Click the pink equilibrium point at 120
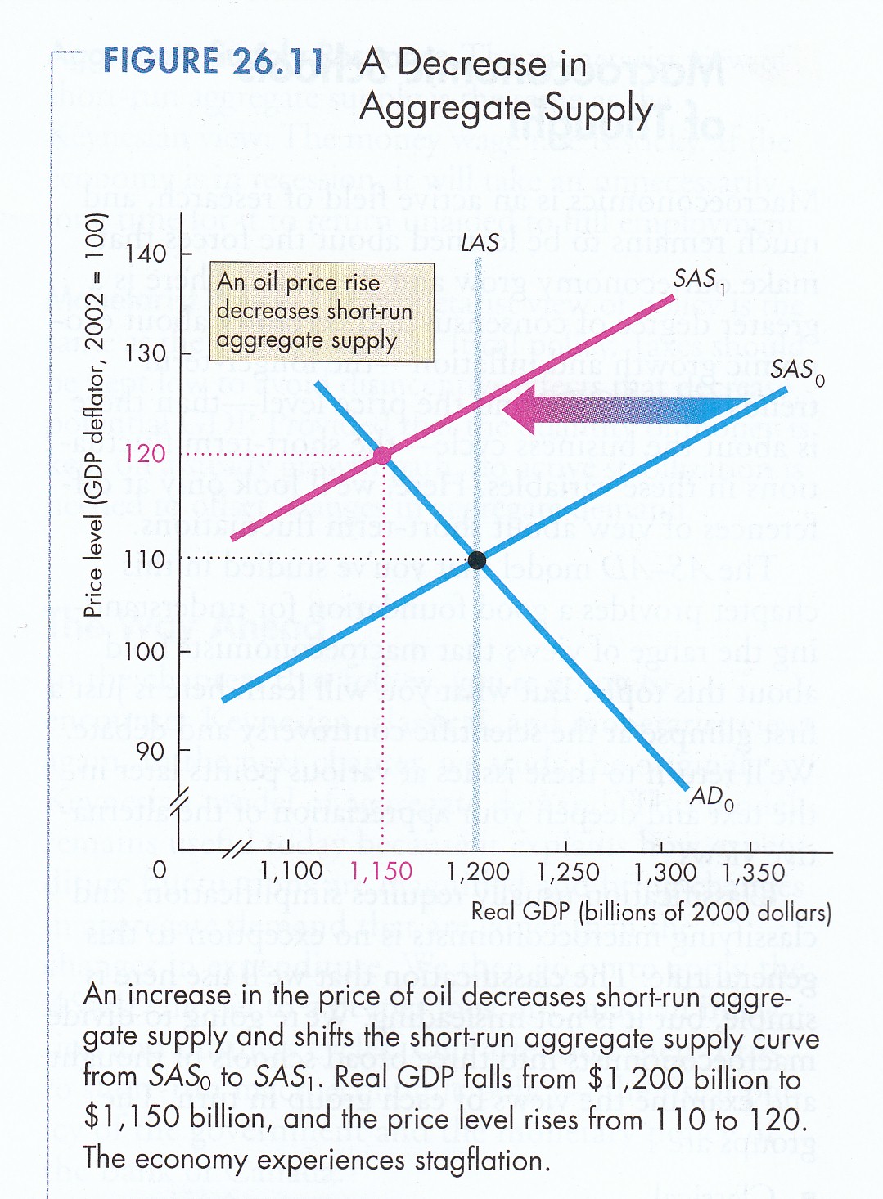(x=382, y=456)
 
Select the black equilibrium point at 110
(x=477, y=560)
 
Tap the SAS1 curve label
(x=698, y=280)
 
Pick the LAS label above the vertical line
(x=480, y=243)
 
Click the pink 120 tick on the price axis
(x=145, y=454)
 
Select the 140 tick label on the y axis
(x=146, y=254)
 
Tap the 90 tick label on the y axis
(x=151, y=751)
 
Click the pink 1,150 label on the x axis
(x=381, y=872)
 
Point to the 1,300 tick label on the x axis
(x=665, y=872)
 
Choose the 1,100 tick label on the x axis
(x=291, y=872)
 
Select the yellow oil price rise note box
(x=322, y=312)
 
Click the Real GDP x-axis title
(x=651, y=912)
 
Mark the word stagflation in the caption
(x=466, y=1161)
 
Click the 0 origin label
(x=160, y=869)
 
